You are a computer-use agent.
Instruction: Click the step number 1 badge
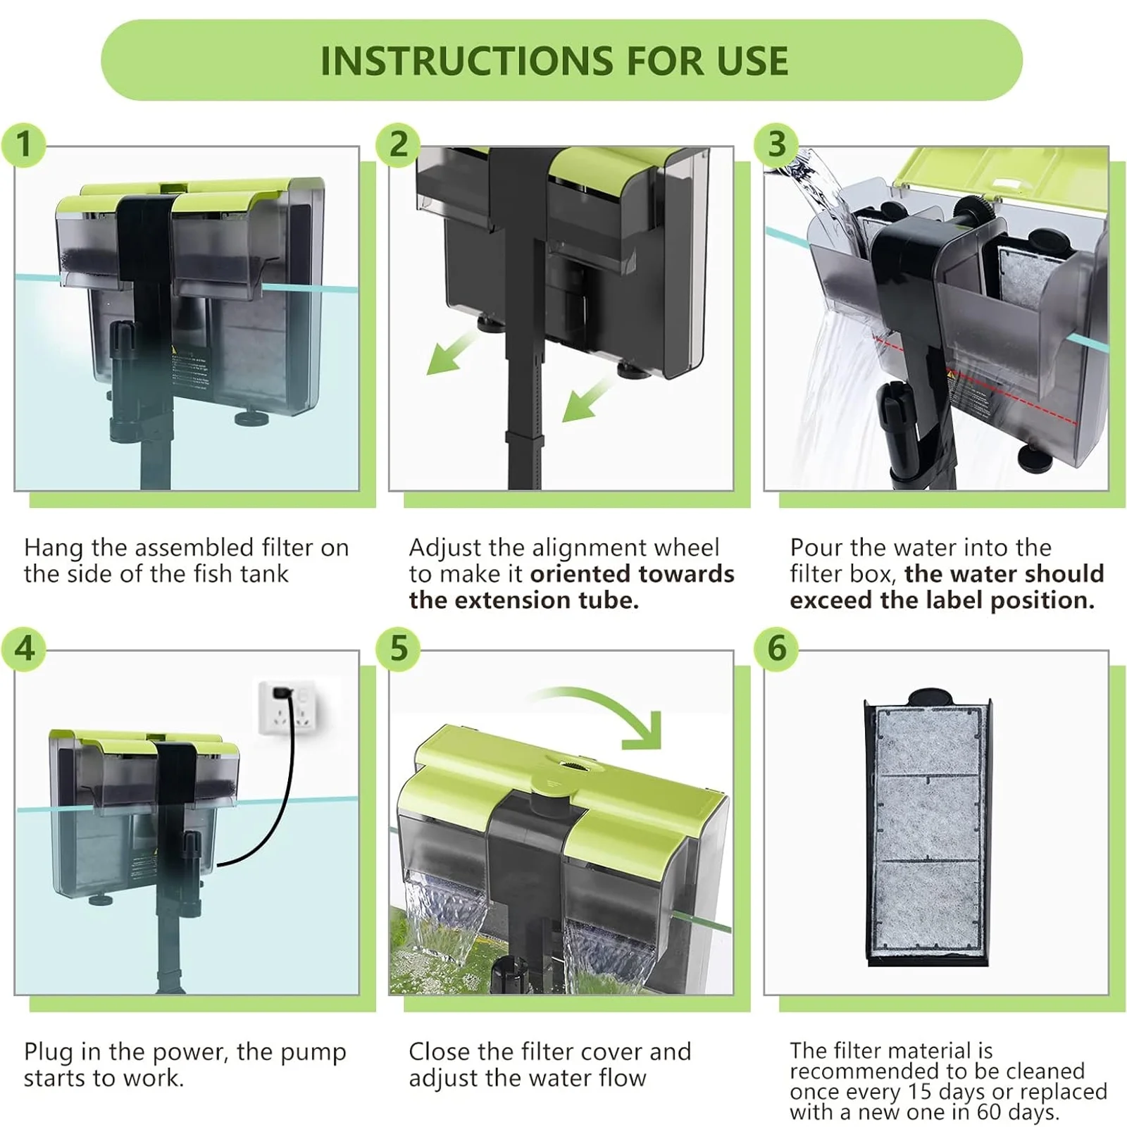pyautogui.click(x=24, y=144)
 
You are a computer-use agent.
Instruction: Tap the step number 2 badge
pyautogui.click(x=399, y=144)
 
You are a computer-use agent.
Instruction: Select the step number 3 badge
pyautogui.click(x=776, y=144)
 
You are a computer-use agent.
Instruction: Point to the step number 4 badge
pyautogui.click(x=24, y=648)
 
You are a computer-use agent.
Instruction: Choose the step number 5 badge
pyautogui.click(x=399, y=648)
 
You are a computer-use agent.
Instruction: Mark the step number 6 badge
pyautogui.click(x=776, y=648)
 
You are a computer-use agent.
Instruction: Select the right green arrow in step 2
pyautogui.click(x=588, y=399)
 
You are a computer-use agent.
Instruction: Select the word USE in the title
pyautogui.click(x=753, y=61)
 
